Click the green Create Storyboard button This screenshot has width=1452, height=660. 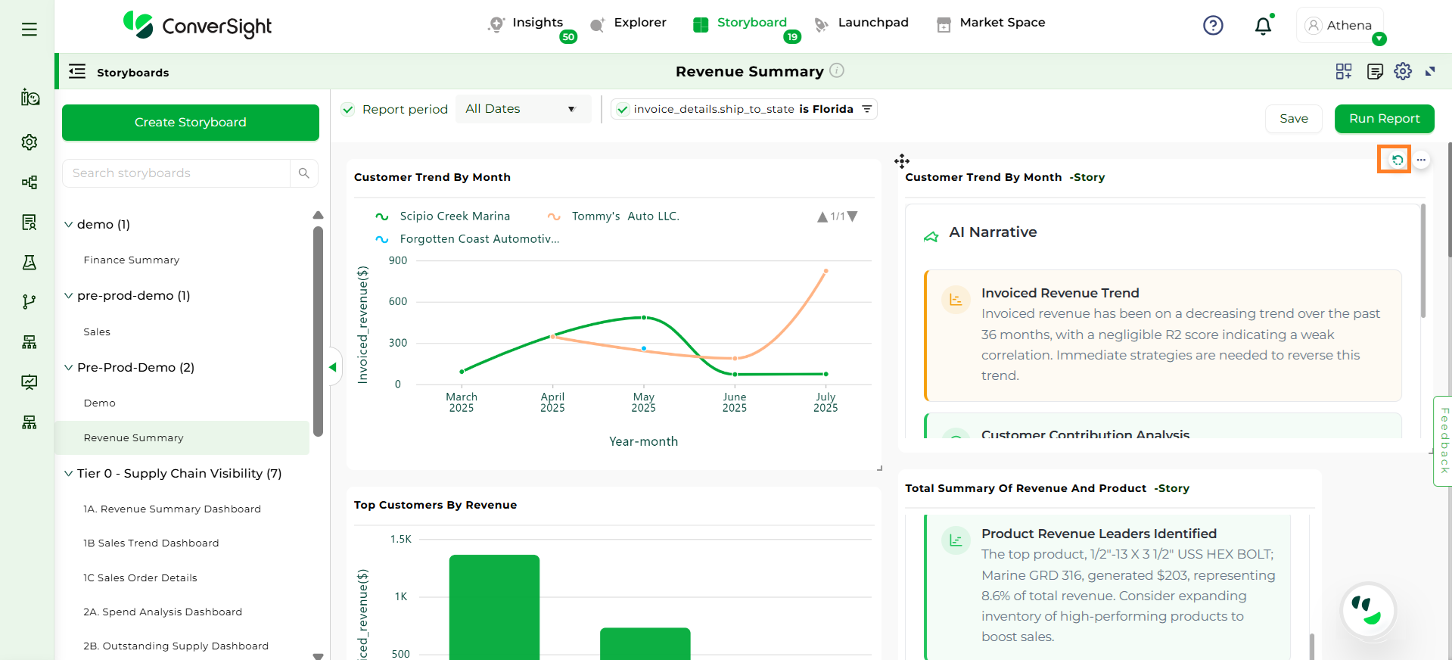click(x=190, y=123)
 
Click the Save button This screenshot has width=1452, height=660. click(x=1293, y=119)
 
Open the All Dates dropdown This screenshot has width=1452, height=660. click(x=522, y=109)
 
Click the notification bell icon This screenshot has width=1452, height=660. click(x=1263, y=26)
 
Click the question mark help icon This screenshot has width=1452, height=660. click(x=1213, y=26)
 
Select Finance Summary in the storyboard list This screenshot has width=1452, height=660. click(x=132, y=260)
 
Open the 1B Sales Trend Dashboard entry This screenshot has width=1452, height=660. click(x=151, y=543)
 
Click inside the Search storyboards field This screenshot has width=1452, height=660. click(x=178, y=173)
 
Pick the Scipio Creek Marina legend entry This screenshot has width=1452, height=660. click(x=454, y=216)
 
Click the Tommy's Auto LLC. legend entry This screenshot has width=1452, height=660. click(x=625, y=216)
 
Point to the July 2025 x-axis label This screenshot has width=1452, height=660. click(x=825, y=402)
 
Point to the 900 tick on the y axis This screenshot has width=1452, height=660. click(x=398, y=260)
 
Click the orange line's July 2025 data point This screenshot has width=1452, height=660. click(x=825, y=270)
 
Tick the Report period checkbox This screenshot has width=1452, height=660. click(x=348, y=110)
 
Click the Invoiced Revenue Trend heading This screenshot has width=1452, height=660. click(x=1059, y=293)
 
